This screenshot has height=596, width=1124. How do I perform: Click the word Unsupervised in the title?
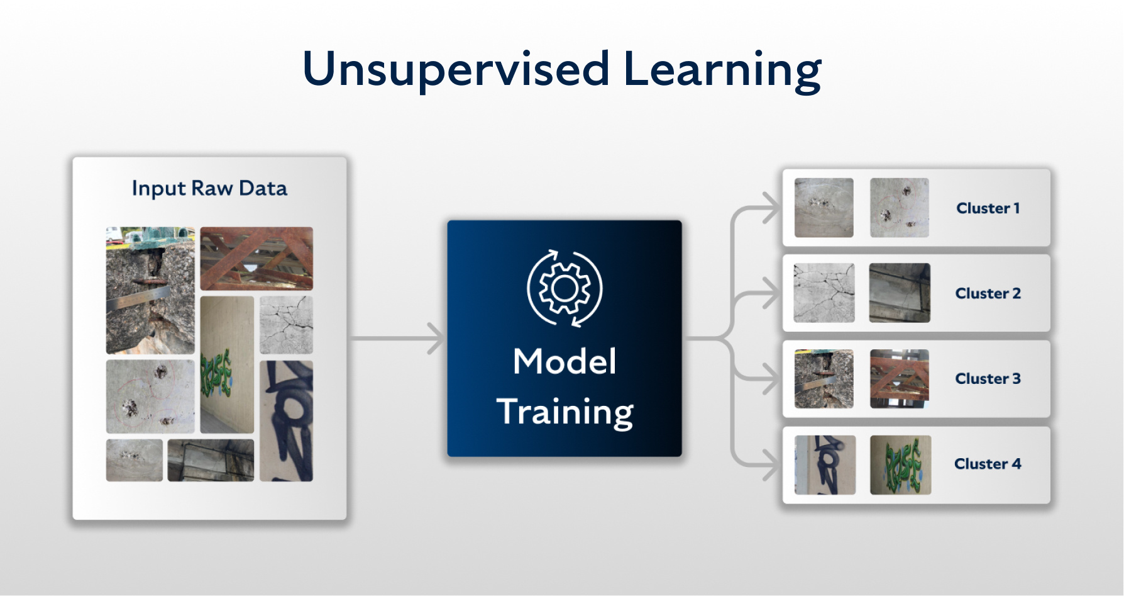[x=456, y=69]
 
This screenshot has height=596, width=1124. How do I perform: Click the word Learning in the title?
[x=722, y=69]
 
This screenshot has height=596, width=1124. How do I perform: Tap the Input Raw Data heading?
[x=209, y=188]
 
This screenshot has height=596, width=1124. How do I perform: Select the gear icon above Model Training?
[x=565, y=288]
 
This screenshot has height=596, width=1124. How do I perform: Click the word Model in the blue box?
[x=565, y=361]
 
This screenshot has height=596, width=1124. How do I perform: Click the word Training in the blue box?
[x=565, y=412]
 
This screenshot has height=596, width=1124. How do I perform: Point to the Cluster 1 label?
[x=988, y=208]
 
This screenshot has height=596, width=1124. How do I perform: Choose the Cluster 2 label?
[x=988, y=293]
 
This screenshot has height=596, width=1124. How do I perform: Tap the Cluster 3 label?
[x=988, y=378]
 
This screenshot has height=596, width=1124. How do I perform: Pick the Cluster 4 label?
[x=988, y=464]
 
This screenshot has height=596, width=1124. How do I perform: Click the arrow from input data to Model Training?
[x=396, y=339]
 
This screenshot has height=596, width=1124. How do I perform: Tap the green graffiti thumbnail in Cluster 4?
[x=900, y=464]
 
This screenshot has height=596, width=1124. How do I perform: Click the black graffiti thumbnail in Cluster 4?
[x=824, y=464]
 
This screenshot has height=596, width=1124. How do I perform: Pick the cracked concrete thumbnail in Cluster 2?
[x=824, y=293]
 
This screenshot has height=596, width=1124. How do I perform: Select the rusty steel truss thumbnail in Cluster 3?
[x=899, y=378]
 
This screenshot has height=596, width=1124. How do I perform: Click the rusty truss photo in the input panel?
[x=256, y=258]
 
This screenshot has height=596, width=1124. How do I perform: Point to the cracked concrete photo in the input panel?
[x=286, y=325]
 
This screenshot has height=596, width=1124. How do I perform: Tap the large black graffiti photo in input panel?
[x=286, y=420]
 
